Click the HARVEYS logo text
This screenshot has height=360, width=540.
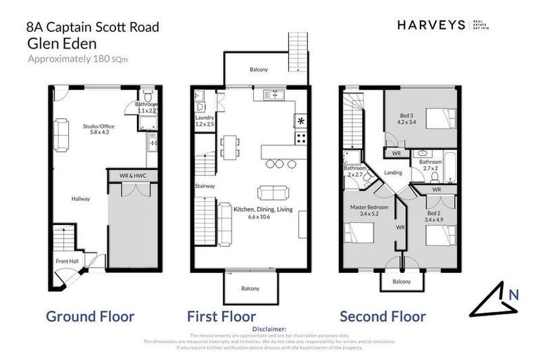tap(430, 25)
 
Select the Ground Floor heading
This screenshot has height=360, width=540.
tap(90, 316)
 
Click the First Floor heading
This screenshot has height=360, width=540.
tap(221, 316)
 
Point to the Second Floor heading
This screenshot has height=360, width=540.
tap(382, 316)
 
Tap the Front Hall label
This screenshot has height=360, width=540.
tap(67, 262)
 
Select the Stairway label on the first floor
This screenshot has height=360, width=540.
tap(205, 186)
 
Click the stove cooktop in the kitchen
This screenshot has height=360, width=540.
tap(302, 121)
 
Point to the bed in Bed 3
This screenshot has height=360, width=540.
tap(437, 118)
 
